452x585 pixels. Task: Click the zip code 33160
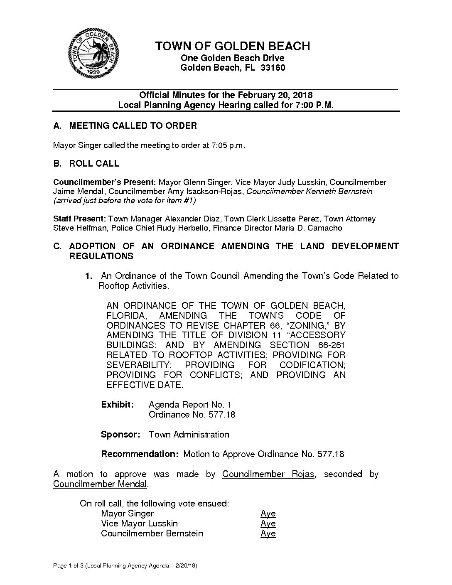point(273,68)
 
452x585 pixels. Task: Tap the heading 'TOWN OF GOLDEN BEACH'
point(233,46)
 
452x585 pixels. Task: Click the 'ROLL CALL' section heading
point(94,164)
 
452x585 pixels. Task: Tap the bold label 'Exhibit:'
point(117,405)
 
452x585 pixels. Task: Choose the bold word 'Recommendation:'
point(140,454)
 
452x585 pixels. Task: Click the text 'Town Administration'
point(189,435)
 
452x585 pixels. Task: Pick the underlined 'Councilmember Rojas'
point(268,474)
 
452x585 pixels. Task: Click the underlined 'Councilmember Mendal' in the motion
point(100,484)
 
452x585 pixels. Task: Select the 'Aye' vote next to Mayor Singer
point(268,514)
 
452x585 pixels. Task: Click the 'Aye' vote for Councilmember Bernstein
point(268,533)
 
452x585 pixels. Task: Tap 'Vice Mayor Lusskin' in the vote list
point(140,524)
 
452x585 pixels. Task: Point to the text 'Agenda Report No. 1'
point(190,405)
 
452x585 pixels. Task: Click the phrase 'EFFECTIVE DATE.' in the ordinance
point(145,385)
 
